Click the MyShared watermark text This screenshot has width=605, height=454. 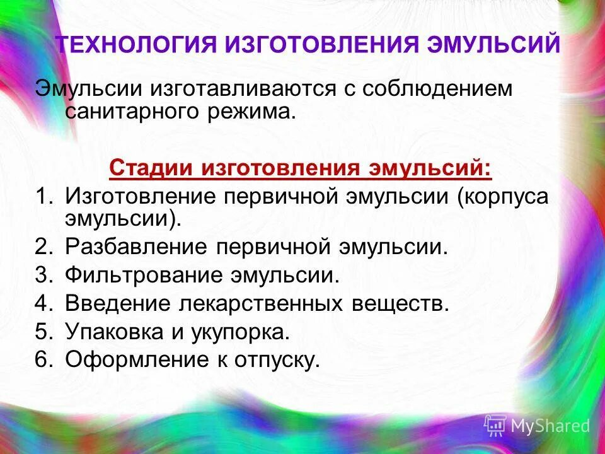click(x=550, y=426)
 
